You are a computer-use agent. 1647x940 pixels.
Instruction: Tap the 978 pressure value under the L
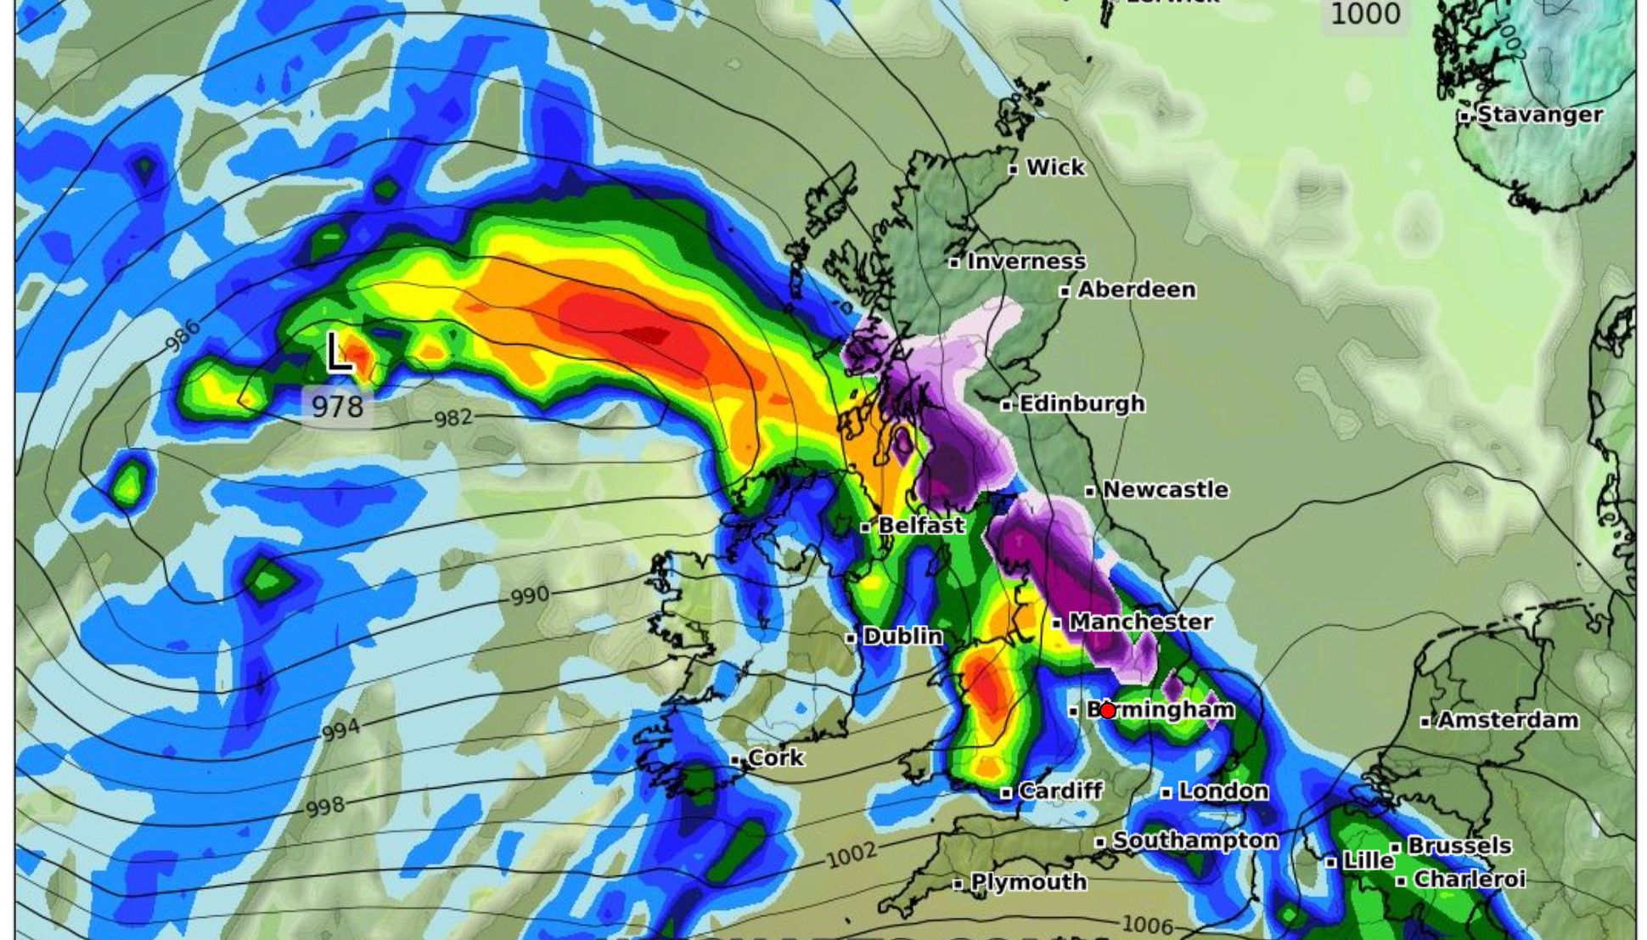337,407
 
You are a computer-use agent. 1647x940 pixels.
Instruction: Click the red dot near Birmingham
1108,710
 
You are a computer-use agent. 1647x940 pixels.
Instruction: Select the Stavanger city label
1539,115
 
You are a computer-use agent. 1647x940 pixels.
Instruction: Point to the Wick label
1054,167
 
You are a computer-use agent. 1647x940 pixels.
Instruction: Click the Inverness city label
1026,262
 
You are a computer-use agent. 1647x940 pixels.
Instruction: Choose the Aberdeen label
1136,290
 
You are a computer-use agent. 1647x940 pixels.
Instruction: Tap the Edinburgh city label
1081,403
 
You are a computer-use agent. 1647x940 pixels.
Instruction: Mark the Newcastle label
1165,490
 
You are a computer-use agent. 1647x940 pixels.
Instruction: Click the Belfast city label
920,526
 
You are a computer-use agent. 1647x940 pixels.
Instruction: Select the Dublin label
902,636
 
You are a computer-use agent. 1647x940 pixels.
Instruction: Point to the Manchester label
1139,622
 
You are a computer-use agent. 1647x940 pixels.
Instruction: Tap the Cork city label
775,757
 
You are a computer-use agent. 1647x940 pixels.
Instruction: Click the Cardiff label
1060,791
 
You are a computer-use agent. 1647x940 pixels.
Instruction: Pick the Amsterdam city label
1507,720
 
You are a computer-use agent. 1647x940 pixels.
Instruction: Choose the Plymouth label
1028,882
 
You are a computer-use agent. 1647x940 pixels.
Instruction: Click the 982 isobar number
453,419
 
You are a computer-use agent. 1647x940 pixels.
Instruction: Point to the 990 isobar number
530,595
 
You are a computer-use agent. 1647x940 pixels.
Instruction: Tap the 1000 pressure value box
1365,14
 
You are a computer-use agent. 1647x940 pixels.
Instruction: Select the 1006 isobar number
1147,925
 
